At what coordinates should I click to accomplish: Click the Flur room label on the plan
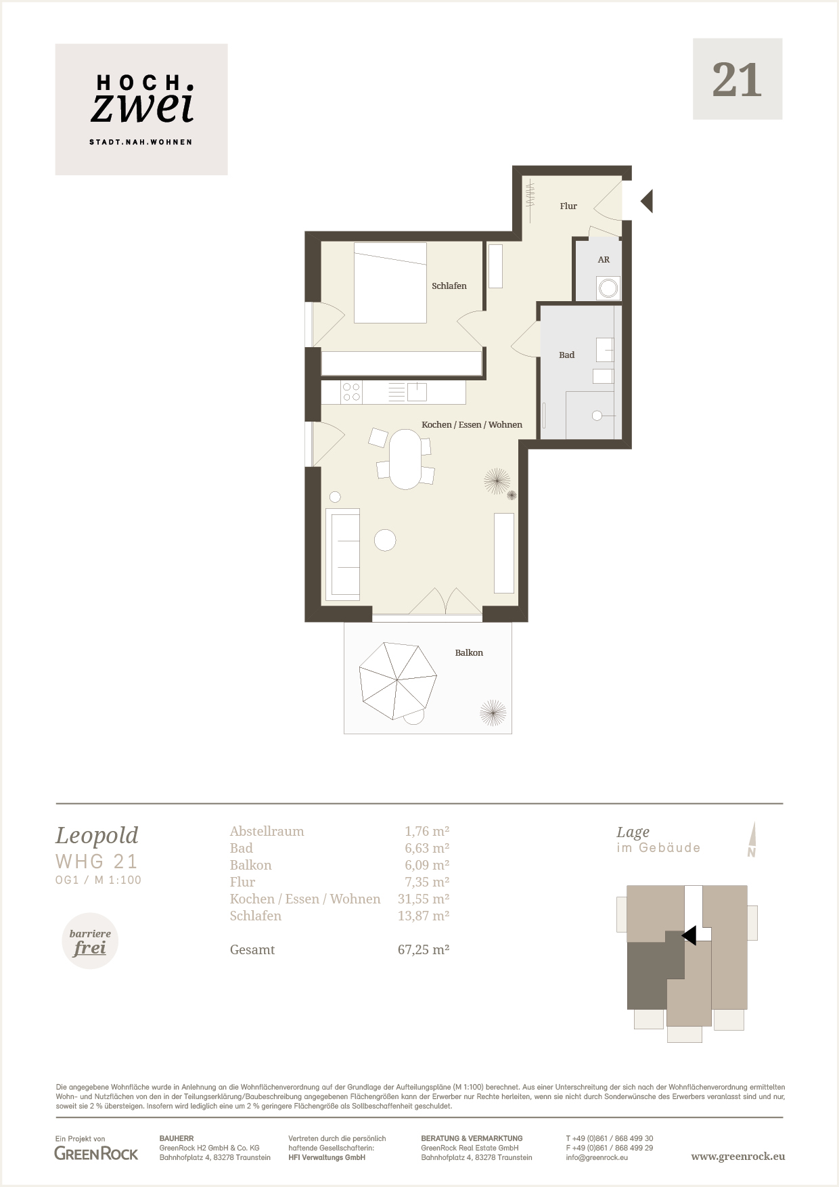(x=568, y=206)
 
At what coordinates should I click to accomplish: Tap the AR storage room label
(x=604, y=259)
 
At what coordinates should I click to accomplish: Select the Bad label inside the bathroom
(x=566, y=355)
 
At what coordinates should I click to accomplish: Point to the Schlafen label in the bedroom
(x=449, y=286)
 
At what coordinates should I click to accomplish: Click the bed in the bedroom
(x=390, y=282)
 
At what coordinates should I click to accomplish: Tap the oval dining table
(x=405, y=459)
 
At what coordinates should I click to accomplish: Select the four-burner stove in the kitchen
(x=351, y=393)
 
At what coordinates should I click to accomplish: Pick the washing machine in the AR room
(x=608, y=288)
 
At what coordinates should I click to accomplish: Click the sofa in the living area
(x=343, y=555)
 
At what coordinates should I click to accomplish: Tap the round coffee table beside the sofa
(x=385, y=540)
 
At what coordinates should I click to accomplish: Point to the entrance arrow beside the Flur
(x=647, y=201)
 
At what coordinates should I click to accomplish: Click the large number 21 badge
(x=738, y=79)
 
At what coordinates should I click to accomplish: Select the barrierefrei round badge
(x=90, y=941)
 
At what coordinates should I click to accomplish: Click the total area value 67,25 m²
(x=424, y=949)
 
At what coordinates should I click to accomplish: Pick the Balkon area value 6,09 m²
(x=427, y=865)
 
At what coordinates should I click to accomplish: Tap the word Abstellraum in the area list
(x=267, y=831)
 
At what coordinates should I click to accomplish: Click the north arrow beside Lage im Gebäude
(x=752, y=839)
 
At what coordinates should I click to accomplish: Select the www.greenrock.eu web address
(x=738, y=1157)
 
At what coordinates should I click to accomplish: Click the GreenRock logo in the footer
(x=96, y=1153)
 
